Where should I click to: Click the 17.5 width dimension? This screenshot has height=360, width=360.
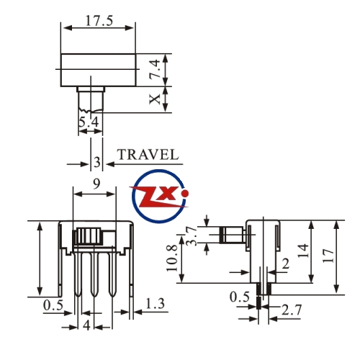point(99,21)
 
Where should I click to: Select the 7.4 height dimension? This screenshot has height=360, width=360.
point(155,68)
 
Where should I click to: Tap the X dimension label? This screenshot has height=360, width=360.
point(155,99)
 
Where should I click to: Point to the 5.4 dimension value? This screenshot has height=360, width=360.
point(89,122)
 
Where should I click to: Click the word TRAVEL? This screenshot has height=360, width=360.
point(148,155)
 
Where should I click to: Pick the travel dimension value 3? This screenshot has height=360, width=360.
point(97,162)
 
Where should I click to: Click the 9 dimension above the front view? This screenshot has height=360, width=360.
point(96,184)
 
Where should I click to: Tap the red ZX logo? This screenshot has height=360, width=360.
point(160,196)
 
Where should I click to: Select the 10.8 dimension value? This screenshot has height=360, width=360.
point(172,258)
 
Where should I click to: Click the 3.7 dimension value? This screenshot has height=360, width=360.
point(192,236)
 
